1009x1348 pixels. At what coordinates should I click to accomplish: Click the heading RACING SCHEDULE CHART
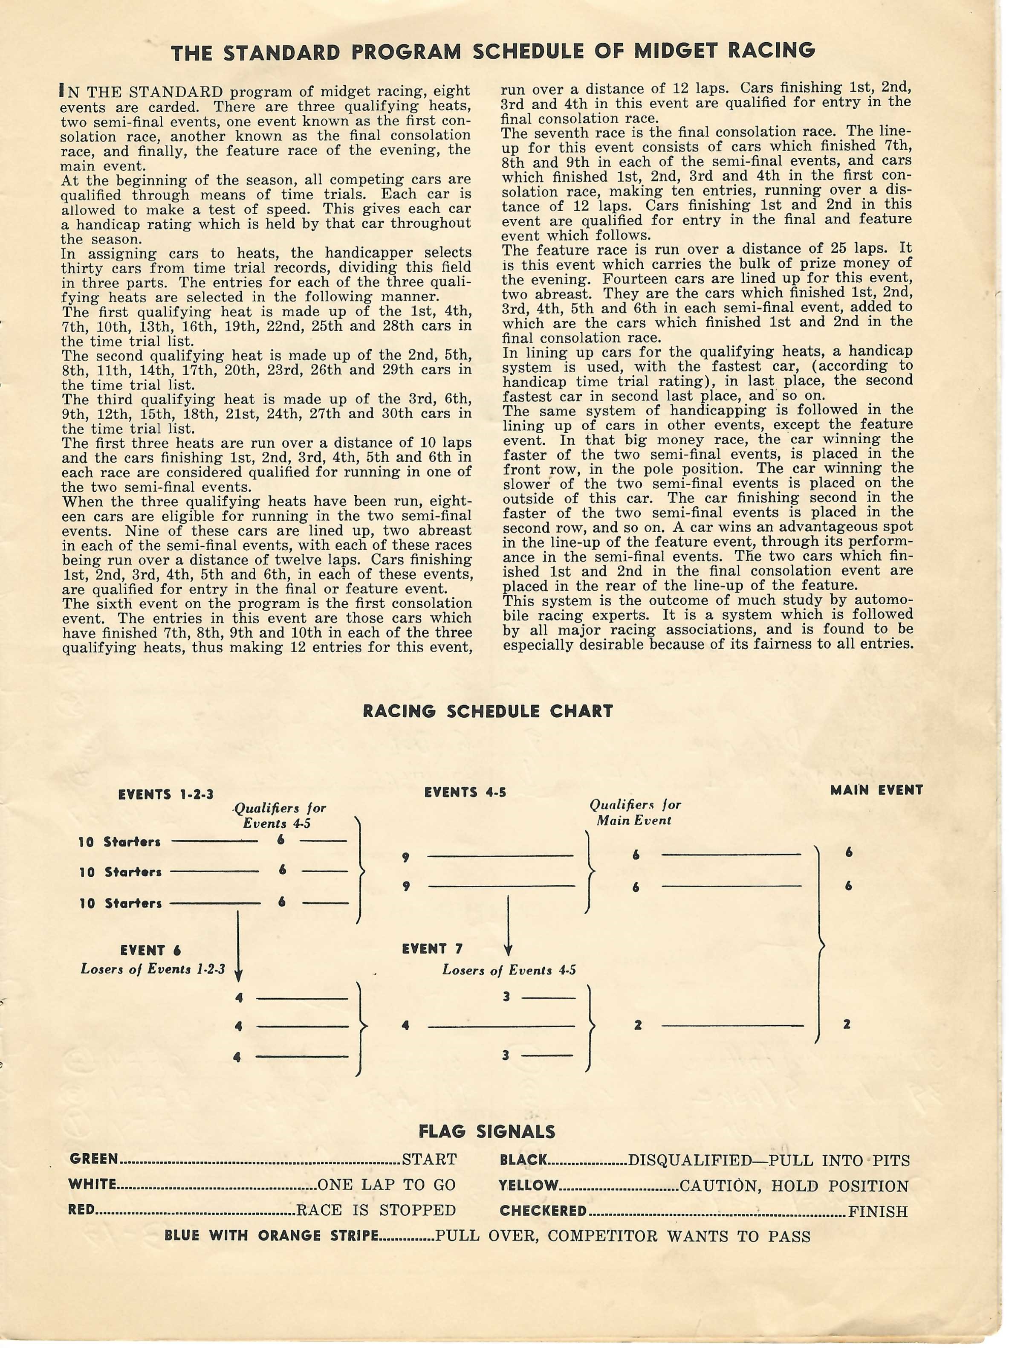tap(487, 711)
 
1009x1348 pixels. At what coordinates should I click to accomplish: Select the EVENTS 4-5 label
tap(465, 792)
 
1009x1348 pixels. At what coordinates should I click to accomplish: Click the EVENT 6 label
tap(150, 950)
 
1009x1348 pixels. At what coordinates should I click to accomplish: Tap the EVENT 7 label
tap(432, 949)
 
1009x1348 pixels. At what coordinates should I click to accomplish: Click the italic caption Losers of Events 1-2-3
tap(152, 969)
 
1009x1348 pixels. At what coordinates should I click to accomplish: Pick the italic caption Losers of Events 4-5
tap(509, 970)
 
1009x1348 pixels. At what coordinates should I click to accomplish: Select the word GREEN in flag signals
tap(94, 1159)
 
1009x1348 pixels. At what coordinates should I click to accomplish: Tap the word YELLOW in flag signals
tap(528, 1185)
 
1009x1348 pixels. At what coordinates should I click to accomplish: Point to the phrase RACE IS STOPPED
tap(376, 1210)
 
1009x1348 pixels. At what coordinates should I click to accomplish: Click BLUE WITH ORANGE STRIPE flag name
tap(272, 1235)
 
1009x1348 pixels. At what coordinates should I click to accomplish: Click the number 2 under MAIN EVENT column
tap(846, 1024)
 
